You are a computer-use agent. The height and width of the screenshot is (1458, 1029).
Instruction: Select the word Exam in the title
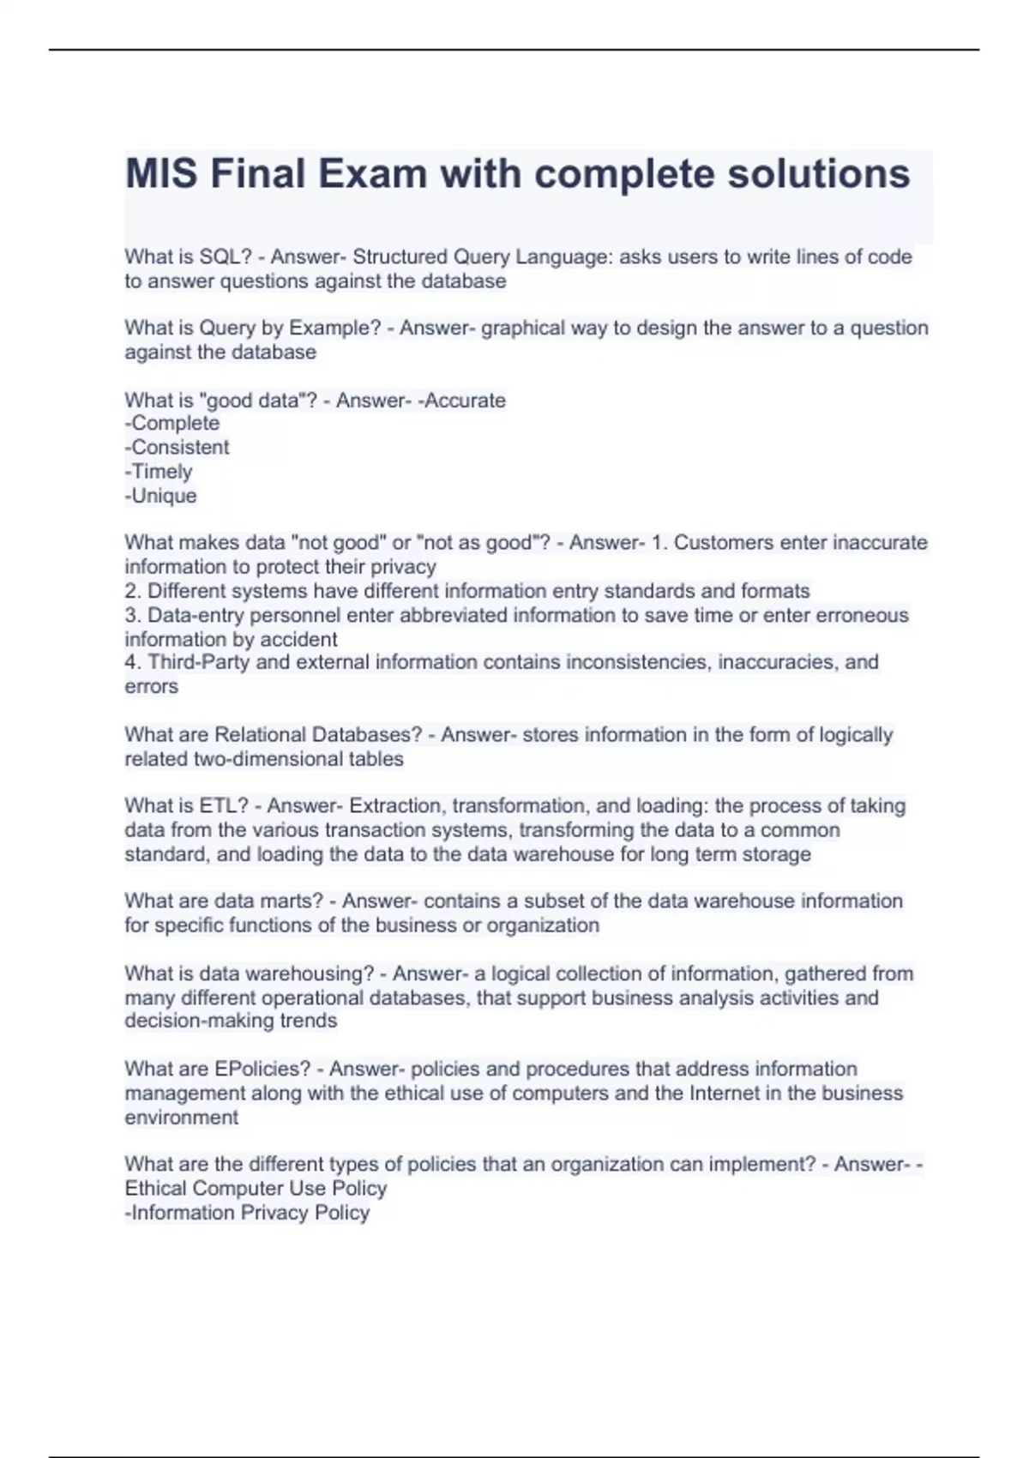coord(373,174)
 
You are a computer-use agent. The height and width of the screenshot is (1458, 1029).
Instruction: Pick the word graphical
coord(521,328)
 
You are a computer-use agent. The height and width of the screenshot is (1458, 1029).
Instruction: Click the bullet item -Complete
coord(172,424)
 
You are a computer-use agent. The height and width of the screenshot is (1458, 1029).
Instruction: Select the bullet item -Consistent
coord(177,448)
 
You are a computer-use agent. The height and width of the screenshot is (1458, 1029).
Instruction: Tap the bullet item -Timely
coord(159,472)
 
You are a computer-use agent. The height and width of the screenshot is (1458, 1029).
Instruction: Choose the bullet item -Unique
coord(161,496)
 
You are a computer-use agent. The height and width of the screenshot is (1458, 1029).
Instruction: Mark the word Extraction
coord(394,806)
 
